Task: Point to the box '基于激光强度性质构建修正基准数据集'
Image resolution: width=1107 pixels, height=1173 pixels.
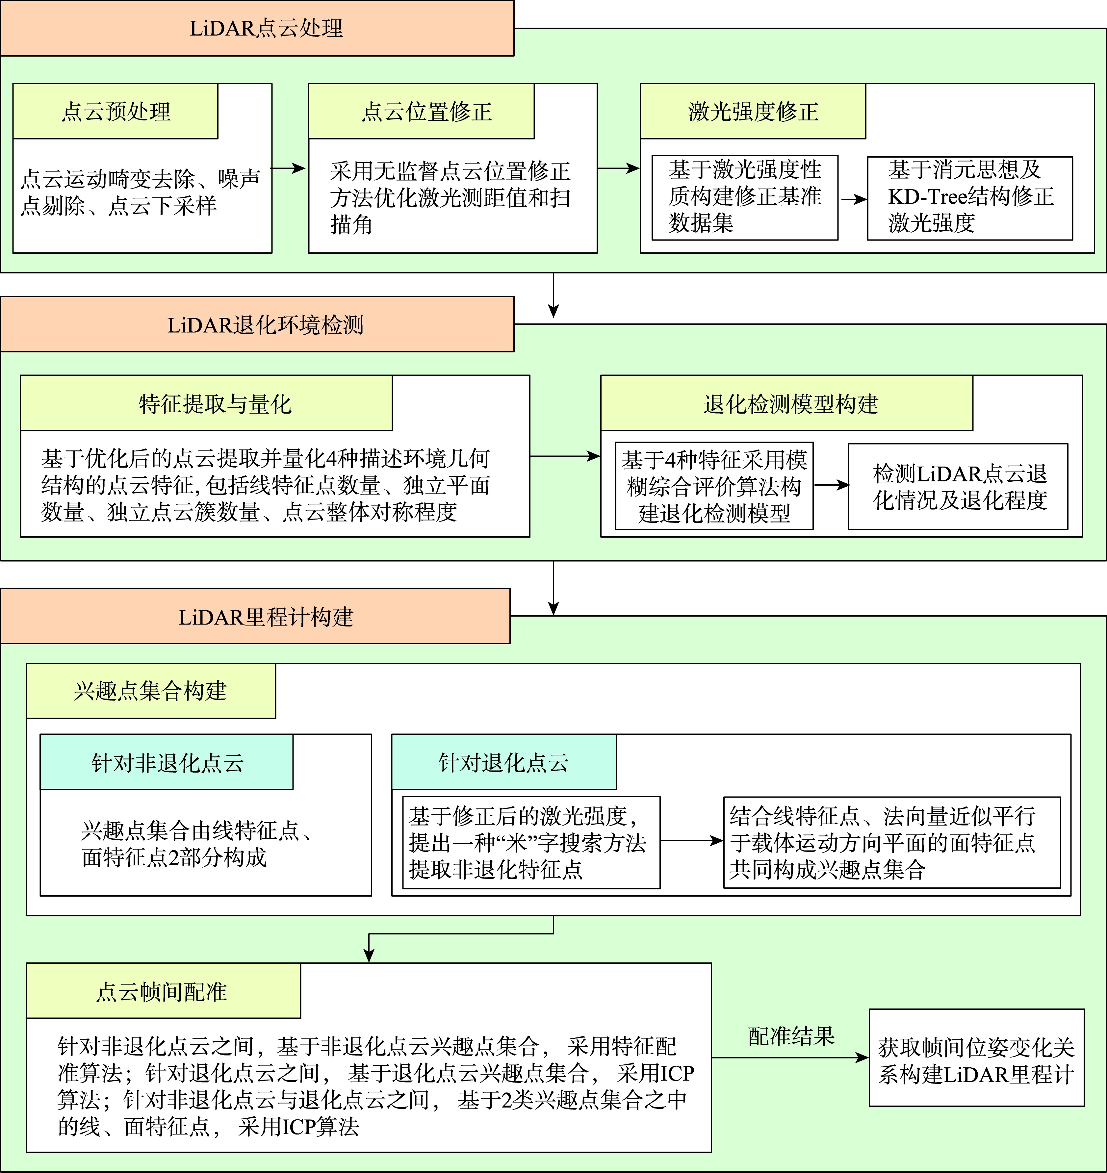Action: (745, 198)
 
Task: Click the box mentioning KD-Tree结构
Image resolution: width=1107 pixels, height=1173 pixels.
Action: (969, 198)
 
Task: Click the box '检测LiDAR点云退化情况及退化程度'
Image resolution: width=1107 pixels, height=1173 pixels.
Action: (958, 486)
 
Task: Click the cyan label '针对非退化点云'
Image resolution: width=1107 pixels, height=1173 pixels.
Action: (167, 762)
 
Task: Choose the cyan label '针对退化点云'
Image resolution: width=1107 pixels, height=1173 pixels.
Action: (504, 762)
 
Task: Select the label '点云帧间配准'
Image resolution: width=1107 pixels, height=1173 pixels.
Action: (163, 991)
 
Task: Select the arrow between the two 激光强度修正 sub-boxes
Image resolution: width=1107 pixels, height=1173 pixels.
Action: (853, 199)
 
